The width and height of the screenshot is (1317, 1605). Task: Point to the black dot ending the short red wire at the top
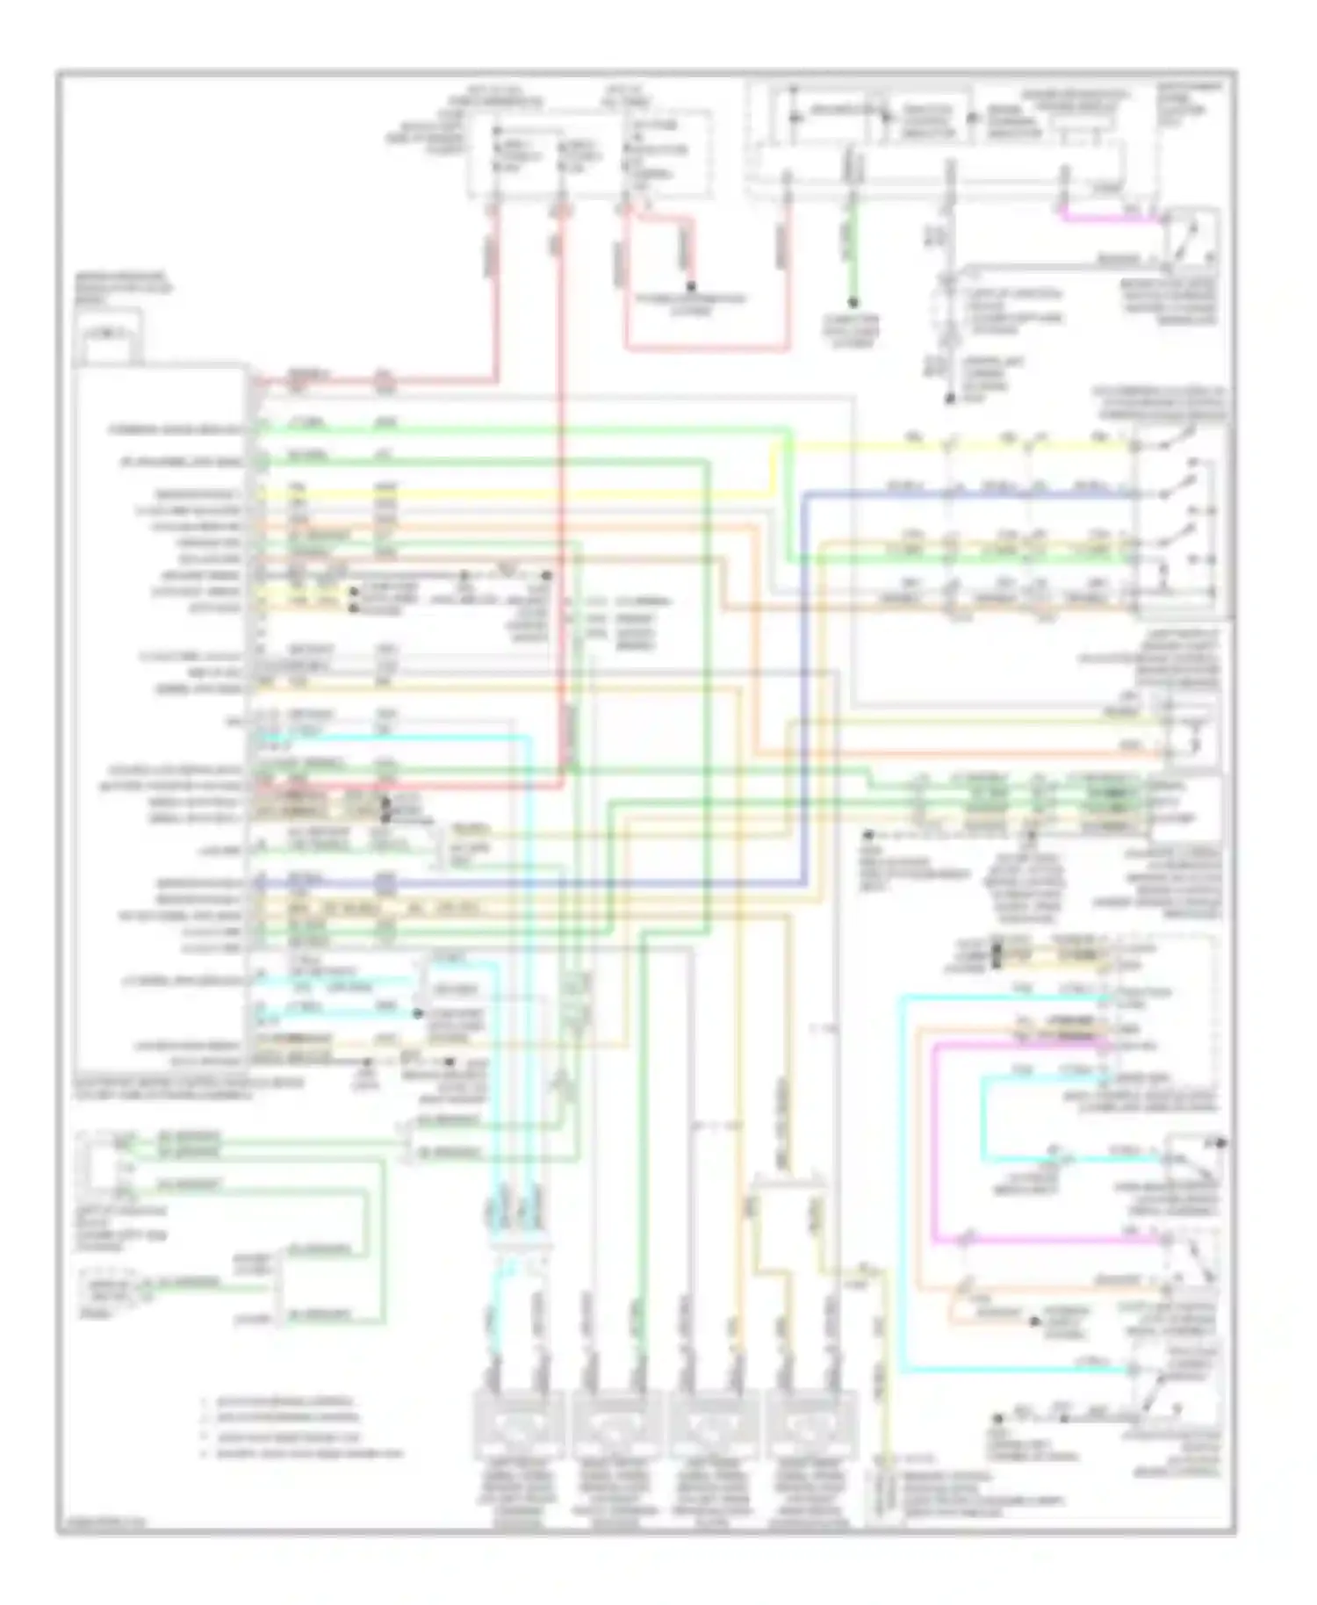coord(692,285)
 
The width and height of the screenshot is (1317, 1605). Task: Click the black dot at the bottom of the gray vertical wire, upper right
coord(949,399)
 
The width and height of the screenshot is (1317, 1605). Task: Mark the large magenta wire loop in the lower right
coord(934,1141)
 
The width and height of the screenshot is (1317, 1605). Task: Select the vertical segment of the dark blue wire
coord(803,685)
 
